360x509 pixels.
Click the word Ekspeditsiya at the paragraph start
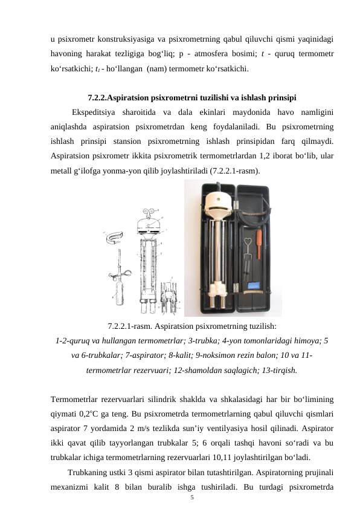(x=92, y=112)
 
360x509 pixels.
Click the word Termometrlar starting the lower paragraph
(x=75, y=399)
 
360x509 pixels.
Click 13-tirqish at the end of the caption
(x=276, y=370)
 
